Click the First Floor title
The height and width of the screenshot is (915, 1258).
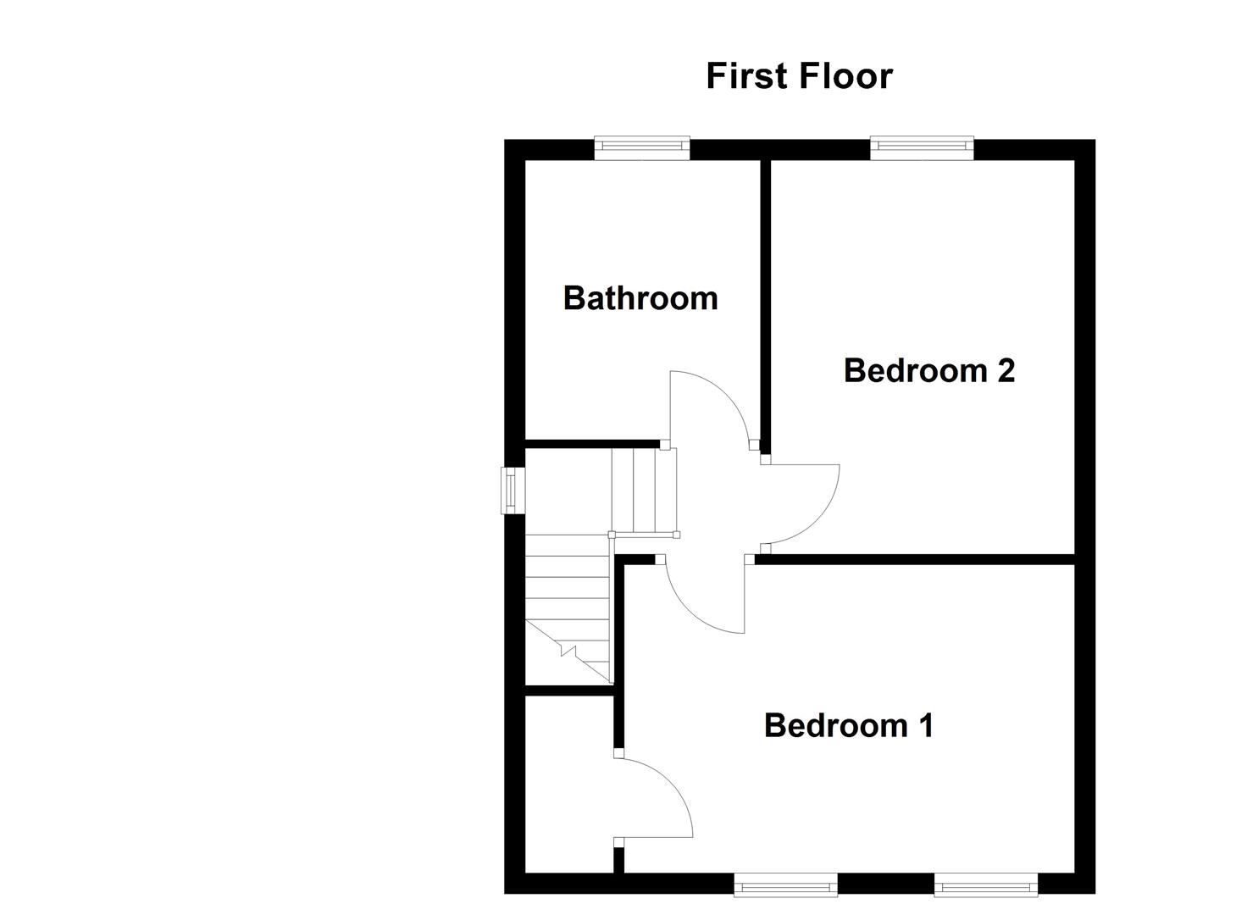pos(799,76)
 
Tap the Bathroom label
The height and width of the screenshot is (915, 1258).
pos(640,298)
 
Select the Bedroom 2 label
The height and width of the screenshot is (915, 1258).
pos(928,371)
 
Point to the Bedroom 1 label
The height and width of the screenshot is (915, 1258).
pos(848,726)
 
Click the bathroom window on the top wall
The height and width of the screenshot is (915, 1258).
pos(642,147)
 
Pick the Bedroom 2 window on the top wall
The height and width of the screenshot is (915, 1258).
pos(922,147)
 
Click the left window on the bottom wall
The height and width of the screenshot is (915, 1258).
pos(785,887)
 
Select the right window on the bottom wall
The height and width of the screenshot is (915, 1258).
pos(985,887)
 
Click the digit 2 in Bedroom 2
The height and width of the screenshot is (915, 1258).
pos(1006,371)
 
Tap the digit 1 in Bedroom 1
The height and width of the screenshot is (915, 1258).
pos(925,726)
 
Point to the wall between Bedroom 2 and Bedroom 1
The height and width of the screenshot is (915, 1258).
pos(915,559)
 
